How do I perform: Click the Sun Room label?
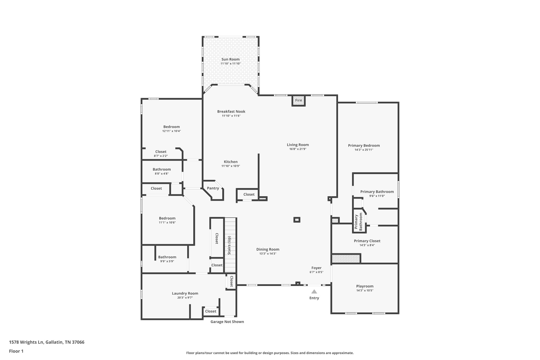pyautogui.click(x=230, y=59)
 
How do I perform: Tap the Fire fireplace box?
pyautogui.click(x=298, y=100)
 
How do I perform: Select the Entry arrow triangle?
pyautogui.click(x=314, y=292)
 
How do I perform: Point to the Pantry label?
pyautogui.click(x=213, y=188)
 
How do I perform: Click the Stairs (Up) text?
pyautogui.click(x=229, y=245)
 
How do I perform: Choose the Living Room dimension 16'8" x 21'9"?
pyautogui.click(x=298, y=149)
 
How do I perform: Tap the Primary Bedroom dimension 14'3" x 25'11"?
pyautogui.click(x=364, y=150)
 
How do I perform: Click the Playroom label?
pyautogui.click(x=365, y=286)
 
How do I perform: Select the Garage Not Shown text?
pyautogui.click(x=227, y=322)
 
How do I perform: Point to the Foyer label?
pyautogui.click(x=316, y=268)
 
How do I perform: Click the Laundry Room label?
pyautogui.click(x=185, y=293)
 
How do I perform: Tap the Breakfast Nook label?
pyautogui.click(x=231, y=112)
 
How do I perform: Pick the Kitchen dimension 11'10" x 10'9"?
pyautogui.click(x=231, y=166)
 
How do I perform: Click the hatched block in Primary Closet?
pyautogui.click(x=346, y=258)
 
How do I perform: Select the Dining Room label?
pyautogui.click(x=268, y=249)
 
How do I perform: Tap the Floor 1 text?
pyautogui.click(x=16, y=351)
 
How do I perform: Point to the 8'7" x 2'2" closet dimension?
pyautogui.click(x=161, y=156)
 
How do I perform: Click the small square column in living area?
pyautogui.click(x=297, y=220)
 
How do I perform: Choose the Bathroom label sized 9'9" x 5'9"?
pyautogui.click(x=167, y=257)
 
